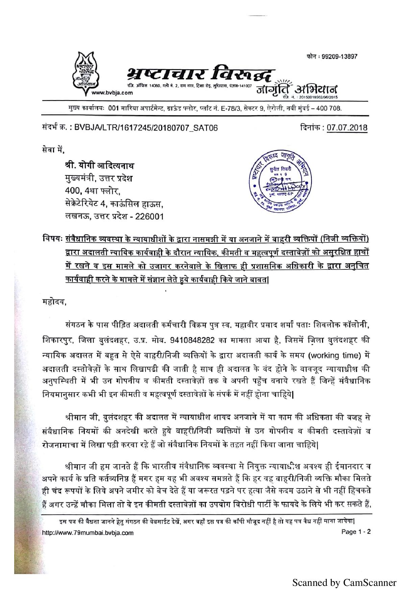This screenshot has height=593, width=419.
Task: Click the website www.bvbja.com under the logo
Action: point(115,93)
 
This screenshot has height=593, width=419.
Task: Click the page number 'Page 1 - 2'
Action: point(356,532)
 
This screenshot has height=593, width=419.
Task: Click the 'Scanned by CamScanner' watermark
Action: point(344,583)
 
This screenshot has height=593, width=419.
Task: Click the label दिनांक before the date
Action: point(312,128)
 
